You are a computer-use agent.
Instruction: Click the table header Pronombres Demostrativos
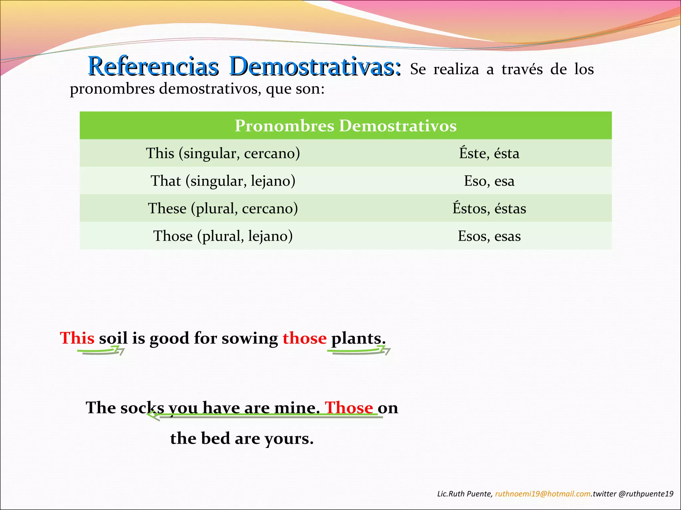pos(345,126)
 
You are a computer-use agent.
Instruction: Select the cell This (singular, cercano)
pos(223,153)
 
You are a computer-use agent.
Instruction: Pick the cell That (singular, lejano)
pos(223,181)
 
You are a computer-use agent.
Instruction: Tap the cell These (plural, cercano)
pos(223,209)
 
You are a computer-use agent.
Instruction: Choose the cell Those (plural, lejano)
pos(223,236)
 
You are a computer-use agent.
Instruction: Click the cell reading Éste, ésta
pos(489,153)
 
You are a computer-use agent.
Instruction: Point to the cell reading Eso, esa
pos(489,181)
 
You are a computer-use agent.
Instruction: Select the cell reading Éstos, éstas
pos(489,209)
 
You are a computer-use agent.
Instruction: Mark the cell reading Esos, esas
pos(489,236)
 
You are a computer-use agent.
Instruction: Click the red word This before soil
pos(77,338)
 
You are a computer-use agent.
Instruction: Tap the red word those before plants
pos(305,338)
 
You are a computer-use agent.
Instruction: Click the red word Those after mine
pos(349,407)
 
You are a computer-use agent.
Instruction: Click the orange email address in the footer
pos(543,494)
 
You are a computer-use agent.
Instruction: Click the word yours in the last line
pos(289,439)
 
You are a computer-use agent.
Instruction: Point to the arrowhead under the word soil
pos(120,350)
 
